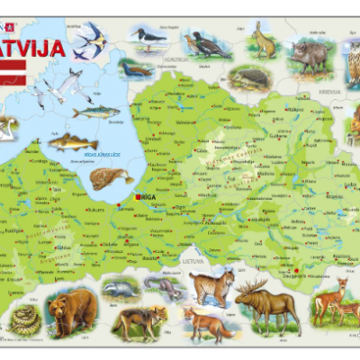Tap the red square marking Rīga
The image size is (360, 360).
point(137,196)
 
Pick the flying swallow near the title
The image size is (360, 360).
point(90,41)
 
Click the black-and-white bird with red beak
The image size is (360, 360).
point(144,39)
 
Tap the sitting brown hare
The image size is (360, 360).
point(262,41)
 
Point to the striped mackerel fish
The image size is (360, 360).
point(95,112)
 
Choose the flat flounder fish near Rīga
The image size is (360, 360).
point(110,177)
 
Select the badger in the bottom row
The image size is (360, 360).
point(118,288)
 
